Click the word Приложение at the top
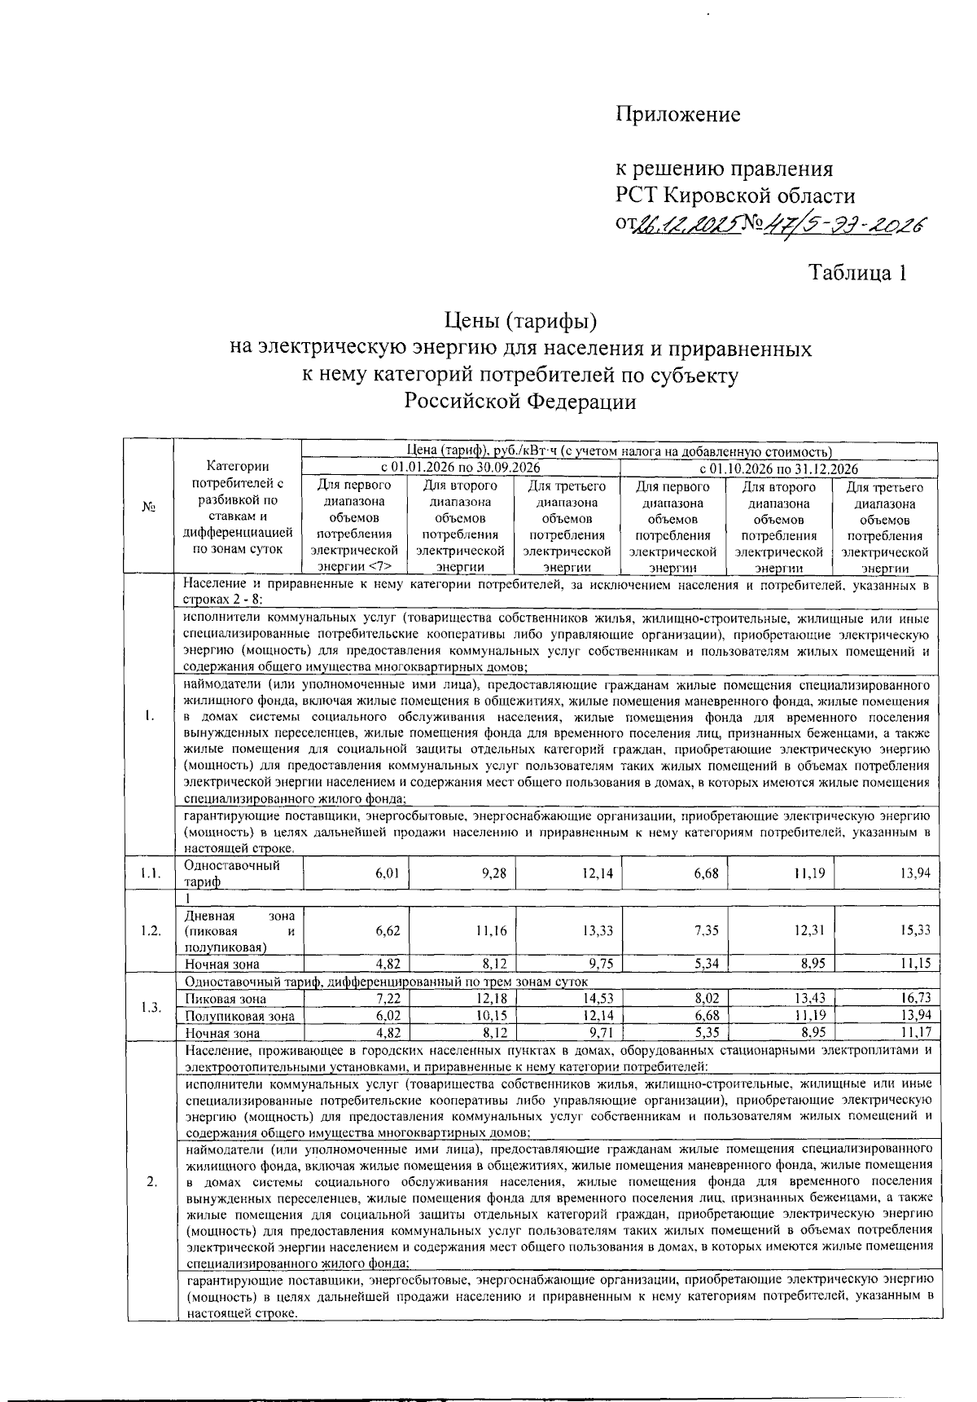(677, 115)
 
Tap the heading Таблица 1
(857, 273)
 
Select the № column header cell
(149, 508)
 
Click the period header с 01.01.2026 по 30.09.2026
(461, 468)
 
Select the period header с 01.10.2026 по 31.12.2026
(779, 468)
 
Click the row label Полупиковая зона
(239, 1016)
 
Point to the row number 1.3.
(150, 1007)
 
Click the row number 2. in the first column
(151, 1183)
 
